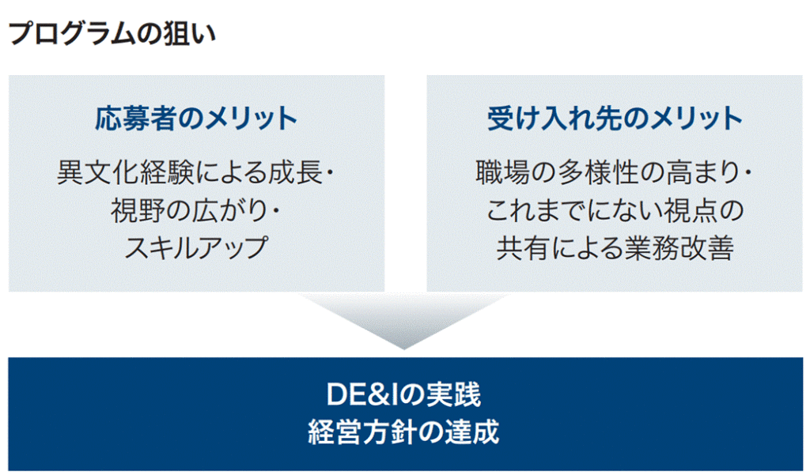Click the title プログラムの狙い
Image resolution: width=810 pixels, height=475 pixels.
pos(112,33)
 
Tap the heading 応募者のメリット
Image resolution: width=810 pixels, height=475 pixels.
pos(196,119)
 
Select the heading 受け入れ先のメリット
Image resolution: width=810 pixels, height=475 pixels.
pos(615,119)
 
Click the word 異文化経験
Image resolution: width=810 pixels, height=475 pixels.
pos(124,172)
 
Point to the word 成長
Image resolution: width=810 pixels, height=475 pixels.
pos(296,172)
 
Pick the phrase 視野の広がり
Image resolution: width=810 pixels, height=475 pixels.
pos(189,210)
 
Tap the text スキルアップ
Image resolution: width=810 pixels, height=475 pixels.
pos(196,248)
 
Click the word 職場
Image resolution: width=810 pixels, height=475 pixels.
pos(502,172)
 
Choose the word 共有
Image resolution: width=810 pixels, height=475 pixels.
pos(523,248)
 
